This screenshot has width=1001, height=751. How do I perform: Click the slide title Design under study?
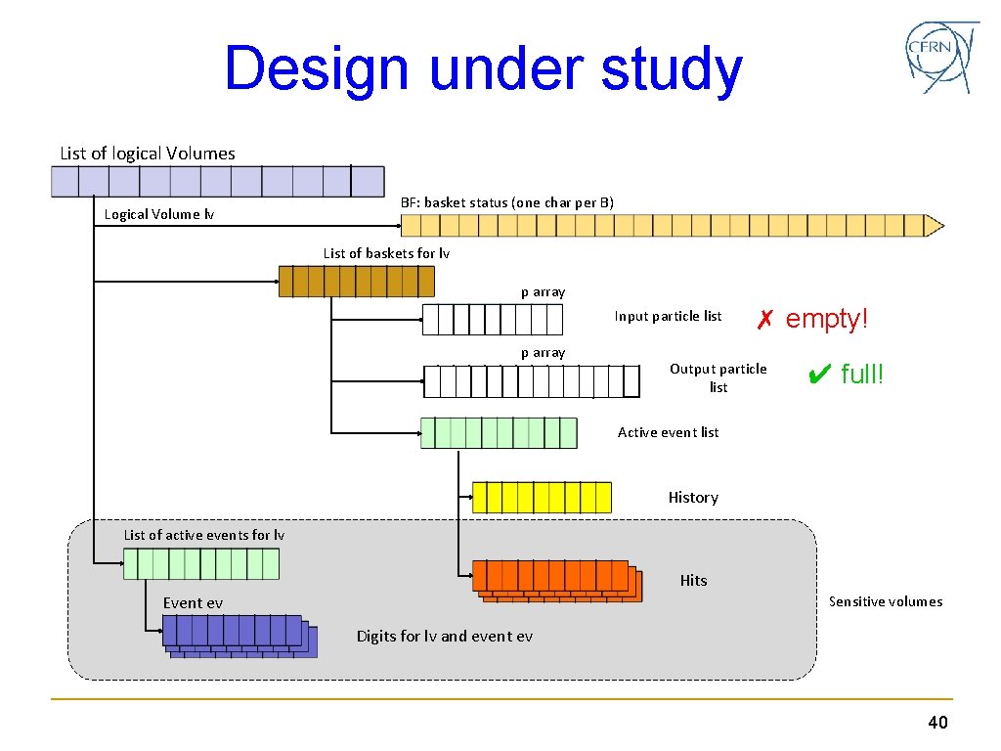(483, 69)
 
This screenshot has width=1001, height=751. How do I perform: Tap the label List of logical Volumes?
(148, 154)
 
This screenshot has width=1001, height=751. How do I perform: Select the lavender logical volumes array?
(218, 182)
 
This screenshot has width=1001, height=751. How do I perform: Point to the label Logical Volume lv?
(159, 214)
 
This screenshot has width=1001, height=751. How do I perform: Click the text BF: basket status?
(507, 202)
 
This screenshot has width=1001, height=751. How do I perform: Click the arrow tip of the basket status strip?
(936, 226)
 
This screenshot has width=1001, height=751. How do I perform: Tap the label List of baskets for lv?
(386, 253)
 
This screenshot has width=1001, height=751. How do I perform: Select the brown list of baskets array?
(356, 282)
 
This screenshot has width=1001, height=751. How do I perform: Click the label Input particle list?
(668, 316)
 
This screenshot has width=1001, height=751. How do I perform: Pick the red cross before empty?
(765, 319)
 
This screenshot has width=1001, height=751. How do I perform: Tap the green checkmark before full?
(820, 374)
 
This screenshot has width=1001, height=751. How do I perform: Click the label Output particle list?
(718, 377)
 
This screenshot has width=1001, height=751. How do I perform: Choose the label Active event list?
(668, 432)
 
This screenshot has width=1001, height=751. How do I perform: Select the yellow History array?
(542, 497)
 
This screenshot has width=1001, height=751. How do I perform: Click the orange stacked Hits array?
(555, 580)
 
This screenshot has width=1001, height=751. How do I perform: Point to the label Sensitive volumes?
(886, 601)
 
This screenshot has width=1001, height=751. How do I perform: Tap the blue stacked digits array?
(239, 636)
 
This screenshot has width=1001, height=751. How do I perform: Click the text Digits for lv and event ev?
(445, 637)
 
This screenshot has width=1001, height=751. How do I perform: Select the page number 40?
(937, 723)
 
